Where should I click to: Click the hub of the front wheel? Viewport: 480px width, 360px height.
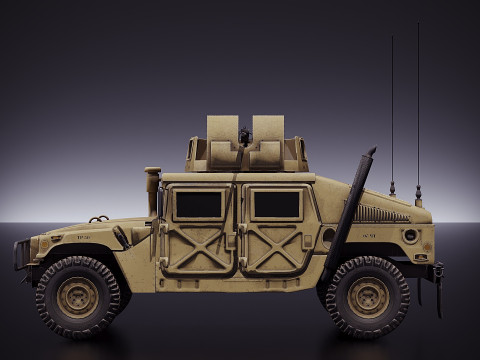[x=78, y=296]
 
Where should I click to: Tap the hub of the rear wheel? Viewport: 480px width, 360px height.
[x=368, y=296]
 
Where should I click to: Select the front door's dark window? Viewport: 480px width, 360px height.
[x=199, y=205]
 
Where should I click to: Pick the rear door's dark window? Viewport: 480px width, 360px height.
[x=276, y=205]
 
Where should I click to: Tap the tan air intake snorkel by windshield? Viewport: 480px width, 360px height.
[x=152, y=190]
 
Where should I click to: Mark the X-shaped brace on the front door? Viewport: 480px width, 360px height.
[x=199, y=248]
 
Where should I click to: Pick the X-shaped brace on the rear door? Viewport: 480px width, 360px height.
[x=275, y=248]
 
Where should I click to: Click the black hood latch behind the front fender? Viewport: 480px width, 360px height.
[x=121, y=237]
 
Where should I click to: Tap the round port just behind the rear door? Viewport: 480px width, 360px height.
[x=328, y=235]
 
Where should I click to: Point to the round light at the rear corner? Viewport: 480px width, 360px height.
[x=410, y=236]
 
